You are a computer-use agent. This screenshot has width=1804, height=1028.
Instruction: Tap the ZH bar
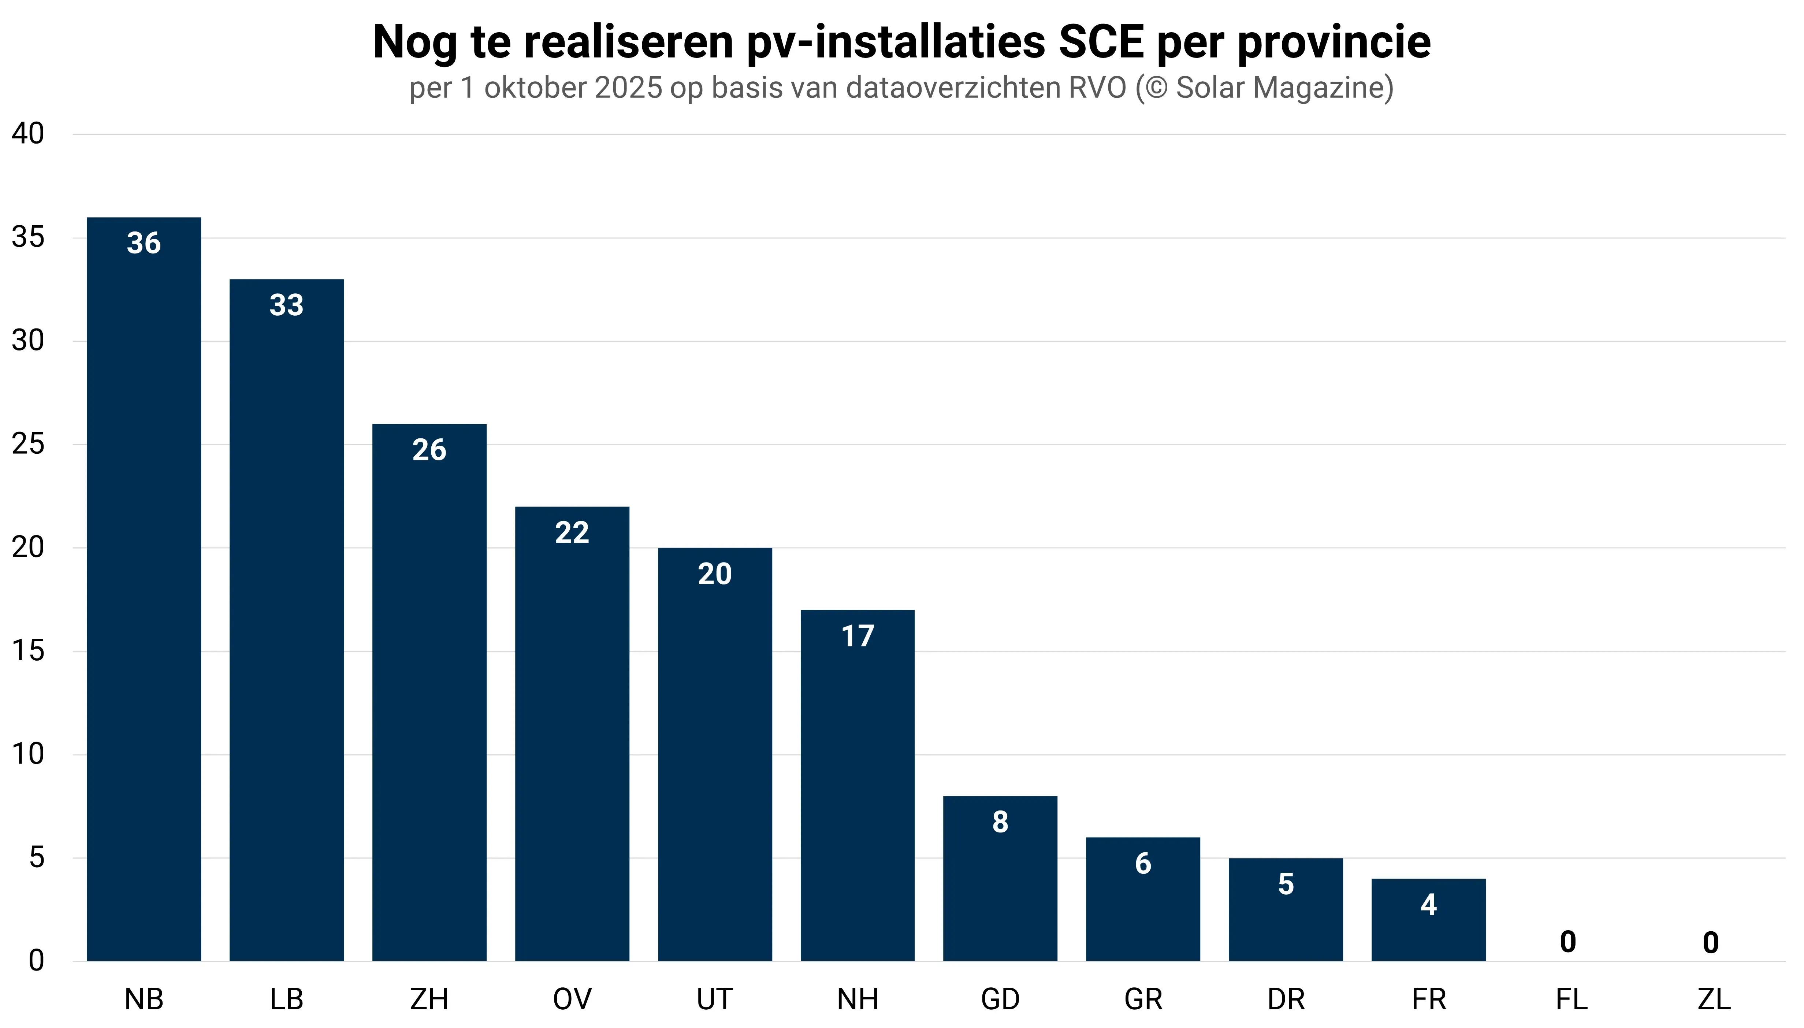tap(429, 692)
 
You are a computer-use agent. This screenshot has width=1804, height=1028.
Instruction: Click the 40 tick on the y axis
tap(28, 133)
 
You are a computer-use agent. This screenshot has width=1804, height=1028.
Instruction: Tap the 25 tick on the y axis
tap(28, 444)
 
